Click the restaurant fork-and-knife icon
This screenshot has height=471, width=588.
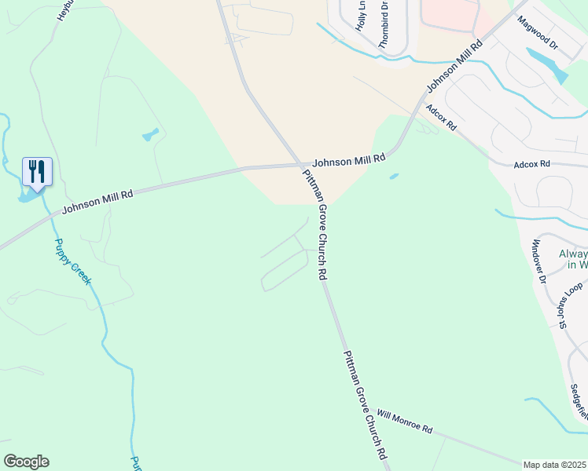point(37,170)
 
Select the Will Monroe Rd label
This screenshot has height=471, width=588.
point(405,421)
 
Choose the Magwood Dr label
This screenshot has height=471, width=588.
point(538,34)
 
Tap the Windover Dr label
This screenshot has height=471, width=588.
point(539,261)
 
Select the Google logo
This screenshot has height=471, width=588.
point(26,462)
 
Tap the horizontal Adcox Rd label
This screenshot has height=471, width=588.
point(531,165)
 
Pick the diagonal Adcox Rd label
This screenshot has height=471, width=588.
point(441,119)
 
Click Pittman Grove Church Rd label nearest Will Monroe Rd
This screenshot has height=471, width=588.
point(366,405)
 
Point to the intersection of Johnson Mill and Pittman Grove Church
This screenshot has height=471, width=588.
point(302,165)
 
